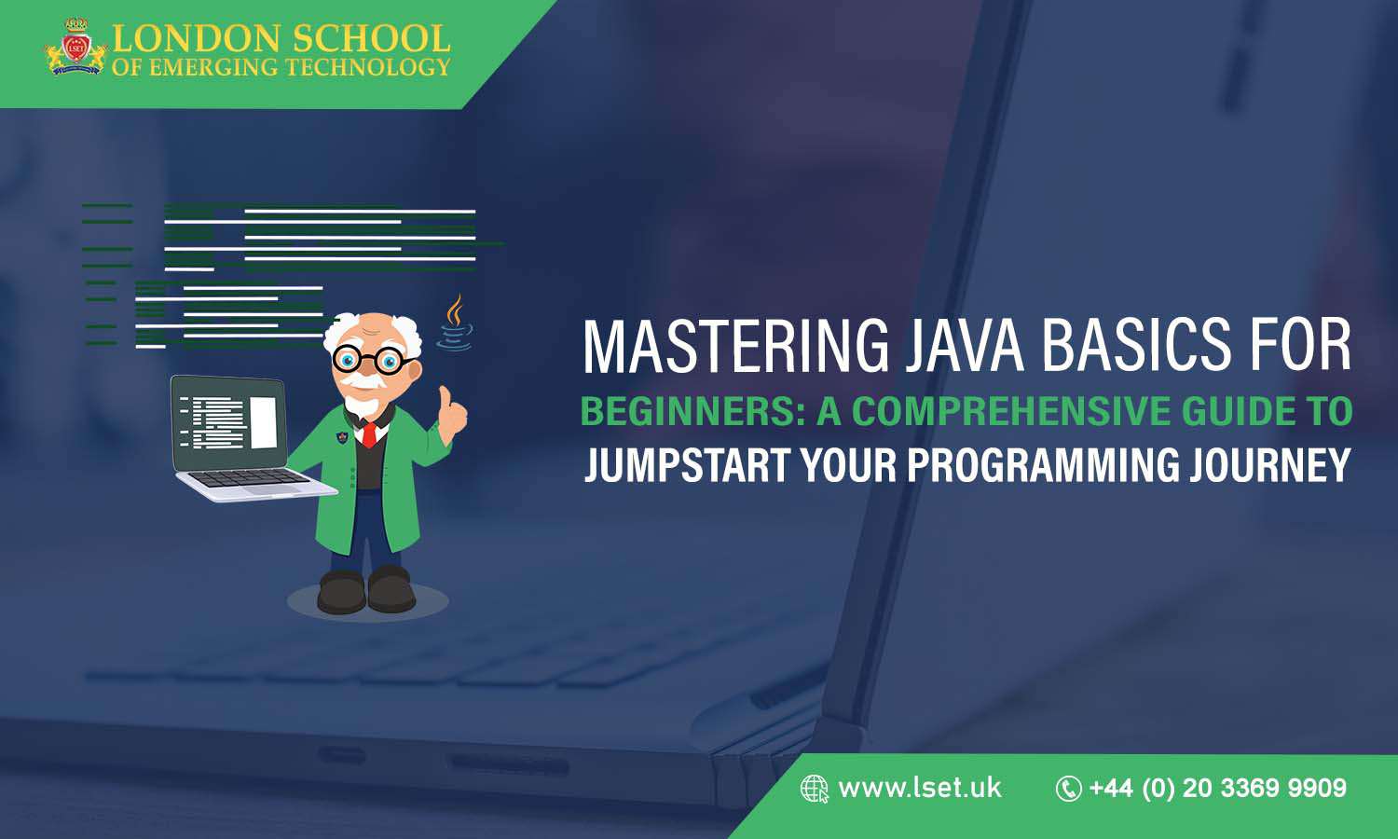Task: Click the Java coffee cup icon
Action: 455,323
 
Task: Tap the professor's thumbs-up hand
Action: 452,413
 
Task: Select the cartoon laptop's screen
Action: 228,423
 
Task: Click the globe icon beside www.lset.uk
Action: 814,789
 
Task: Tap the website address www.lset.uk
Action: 919,789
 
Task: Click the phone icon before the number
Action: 1067,789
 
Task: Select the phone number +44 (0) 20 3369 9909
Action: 1217,789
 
